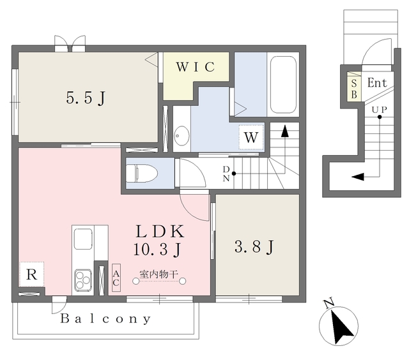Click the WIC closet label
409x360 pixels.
196,67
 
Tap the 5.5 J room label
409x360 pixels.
86,98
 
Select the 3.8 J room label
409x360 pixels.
254,246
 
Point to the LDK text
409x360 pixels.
160,231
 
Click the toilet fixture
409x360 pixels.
142,173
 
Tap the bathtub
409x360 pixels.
283,85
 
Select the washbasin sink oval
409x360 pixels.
181,136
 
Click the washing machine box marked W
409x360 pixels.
251,137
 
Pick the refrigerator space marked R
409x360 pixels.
31,274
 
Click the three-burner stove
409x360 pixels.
83,281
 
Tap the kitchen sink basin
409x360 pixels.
83,239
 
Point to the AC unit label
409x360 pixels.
116,278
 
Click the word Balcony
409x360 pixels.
105,319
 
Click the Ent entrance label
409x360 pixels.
377,83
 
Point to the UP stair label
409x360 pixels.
379,110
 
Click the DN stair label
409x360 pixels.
226,174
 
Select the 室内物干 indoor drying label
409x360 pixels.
159,274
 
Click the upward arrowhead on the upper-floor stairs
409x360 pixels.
285,131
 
